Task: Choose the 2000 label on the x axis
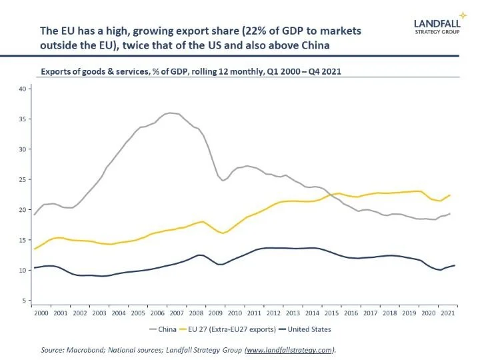(x=39, y=313)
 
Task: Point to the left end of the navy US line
(x=35, y=268)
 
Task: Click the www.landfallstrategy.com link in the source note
(x=291, y=349)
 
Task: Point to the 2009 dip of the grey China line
(x=223, y=180)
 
